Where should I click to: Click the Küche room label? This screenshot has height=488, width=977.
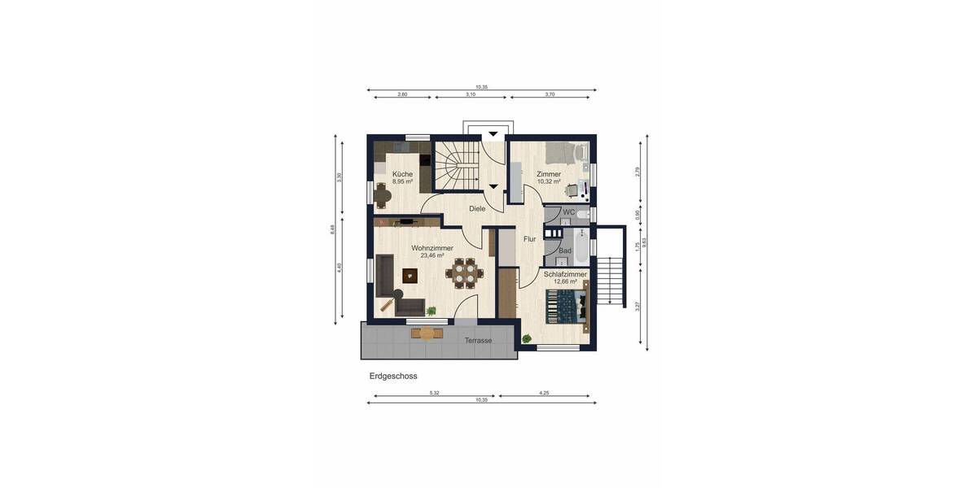click(x=402, y=174)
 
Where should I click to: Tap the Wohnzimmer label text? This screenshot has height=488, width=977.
click(x=432, y=248)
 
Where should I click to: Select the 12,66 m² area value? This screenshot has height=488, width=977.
click(x=565, y=281)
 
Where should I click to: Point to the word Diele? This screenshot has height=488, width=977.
click(x=477, y=209)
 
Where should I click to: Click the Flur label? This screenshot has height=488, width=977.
click(x=529, y=239)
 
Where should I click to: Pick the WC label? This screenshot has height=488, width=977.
click(x=568, y=212)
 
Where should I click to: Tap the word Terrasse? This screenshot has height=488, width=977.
click(x=478, y=341)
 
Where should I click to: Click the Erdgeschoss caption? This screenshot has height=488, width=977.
click(x=393, y=377)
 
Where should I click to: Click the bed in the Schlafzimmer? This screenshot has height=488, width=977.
click(x=565, y=307)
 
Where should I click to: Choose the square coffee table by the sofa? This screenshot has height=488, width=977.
click(x=408, y=275)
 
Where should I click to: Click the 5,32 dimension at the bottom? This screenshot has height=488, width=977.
click(x=434, y=393)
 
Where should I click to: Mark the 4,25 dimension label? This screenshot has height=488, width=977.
click(x=544, y=393)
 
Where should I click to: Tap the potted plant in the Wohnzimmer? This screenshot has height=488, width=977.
click(x=432, y=310)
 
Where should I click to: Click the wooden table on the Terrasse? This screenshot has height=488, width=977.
click(x=427, y=332)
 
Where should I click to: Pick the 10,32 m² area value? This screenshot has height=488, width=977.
click(x=549, y=182)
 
